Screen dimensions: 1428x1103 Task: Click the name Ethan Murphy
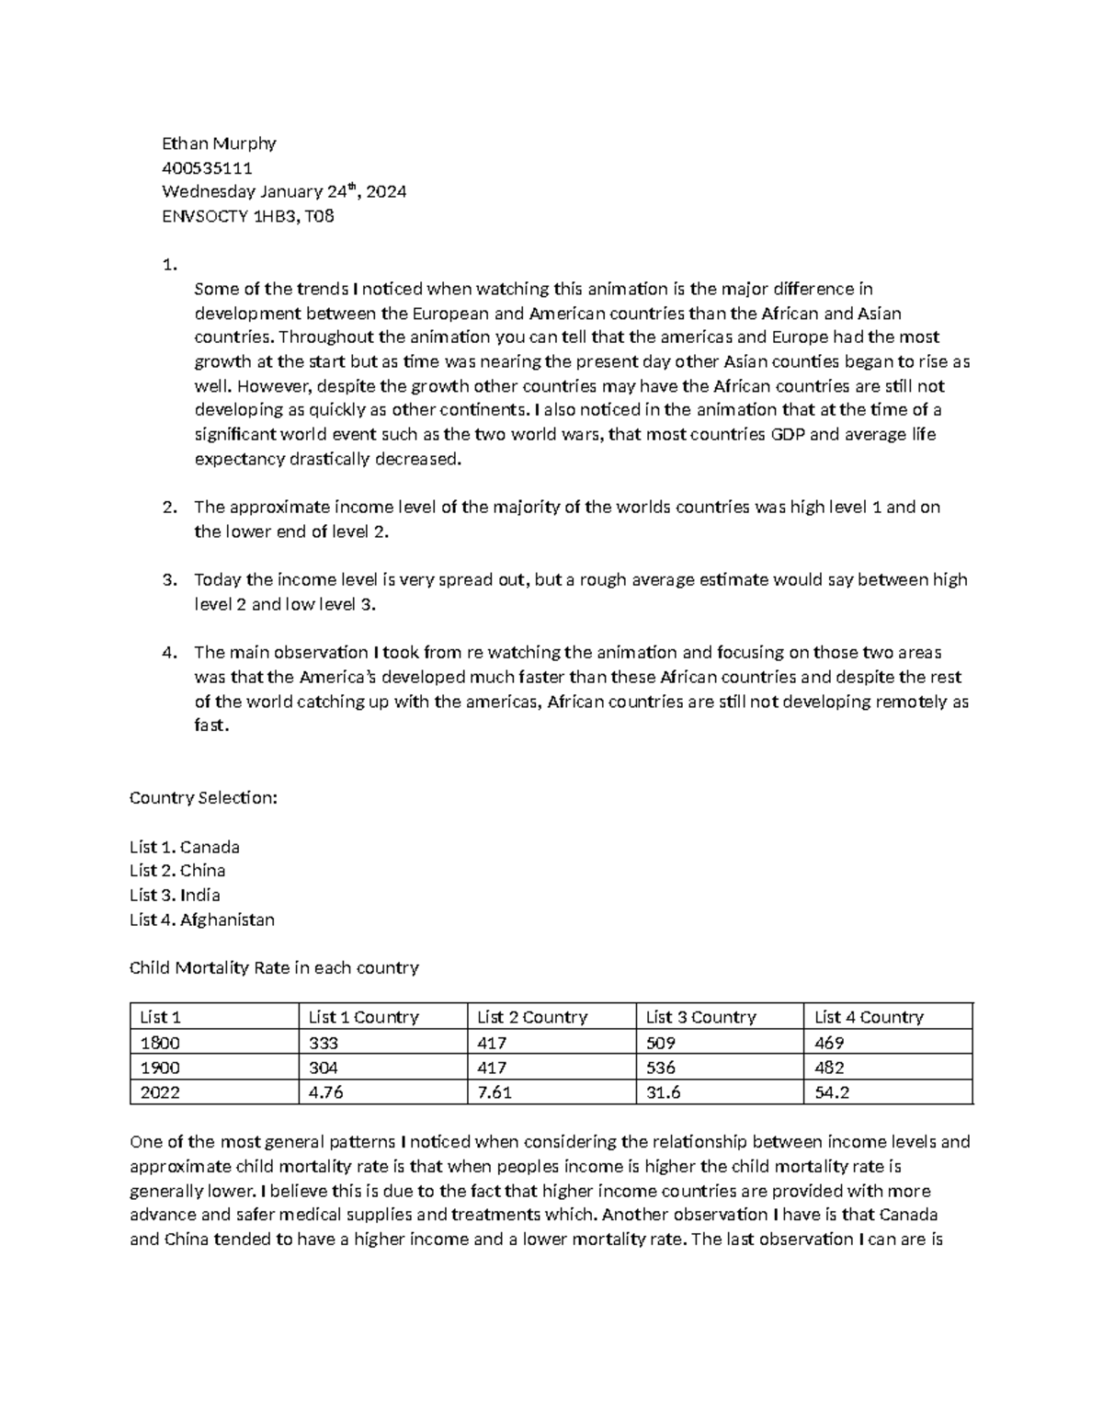pyautogui.click(x=219, y=143)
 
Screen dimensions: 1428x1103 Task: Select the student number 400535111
pyautogui.click(x=207, y=168)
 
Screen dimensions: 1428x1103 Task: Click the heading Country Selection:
pyautogui.click(x=203, y=797)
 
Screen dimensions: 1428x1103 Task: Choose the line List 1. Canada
pyautogui.click(x=185, y=846)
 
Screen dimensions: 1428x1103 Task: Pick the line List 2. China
pyautogui.click(x=177, y=870)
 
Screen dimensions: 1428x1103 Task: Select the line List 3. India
pyautogui.click(x=175, y=895)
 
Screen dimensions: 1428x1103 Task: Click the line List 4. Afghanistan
pyautogui.click(x=202, y=920)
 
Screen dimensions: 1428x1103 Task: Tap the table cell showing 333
pyautogui.click(x=324, y=1043)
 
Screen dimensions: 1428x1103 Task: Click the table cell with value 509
pyautogui.click(x=661, y=1043)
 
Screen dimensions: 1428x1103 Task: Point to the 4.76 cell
pyautogui.click(x=327, y=1092)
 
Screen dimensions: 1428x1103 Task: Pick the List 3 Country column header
pyautogui.click(x=700, y=1017)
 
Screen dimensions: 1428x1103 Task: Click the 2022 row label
pyautogui.click(x=160, y=1092)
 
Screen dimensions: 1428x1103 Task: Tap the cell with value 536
pyautogui.click(x=661, y=1068)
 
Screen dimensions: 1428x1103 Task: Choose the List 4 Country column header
pyautogui.click(x=869, y=1017)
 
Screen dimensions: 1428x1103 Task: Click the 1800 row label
pyautogui.click(x=160, y=1043)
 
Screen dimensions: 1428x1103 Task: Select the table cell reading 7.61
pyautogui.click(x=495, y=1092)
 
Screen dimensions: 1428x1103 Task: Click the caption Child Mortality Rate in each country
pyautogui.click(x=274, y=967)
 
